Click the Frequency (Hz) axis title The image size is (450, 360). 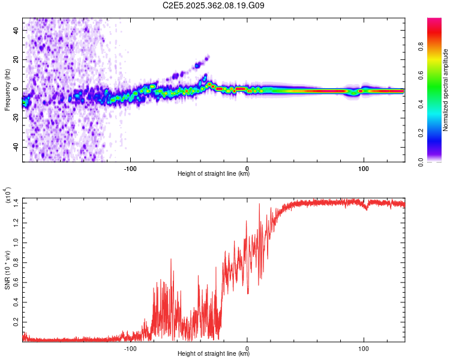7,90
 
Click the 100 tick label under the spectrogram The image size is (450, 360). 363,167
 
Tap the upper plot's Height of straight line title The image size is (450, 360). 214,174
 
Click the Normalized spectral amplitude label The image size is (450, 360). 446,90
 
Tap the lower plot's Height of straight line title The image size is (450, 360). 214,354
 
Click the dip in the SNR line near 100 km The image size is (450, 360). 366,209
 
